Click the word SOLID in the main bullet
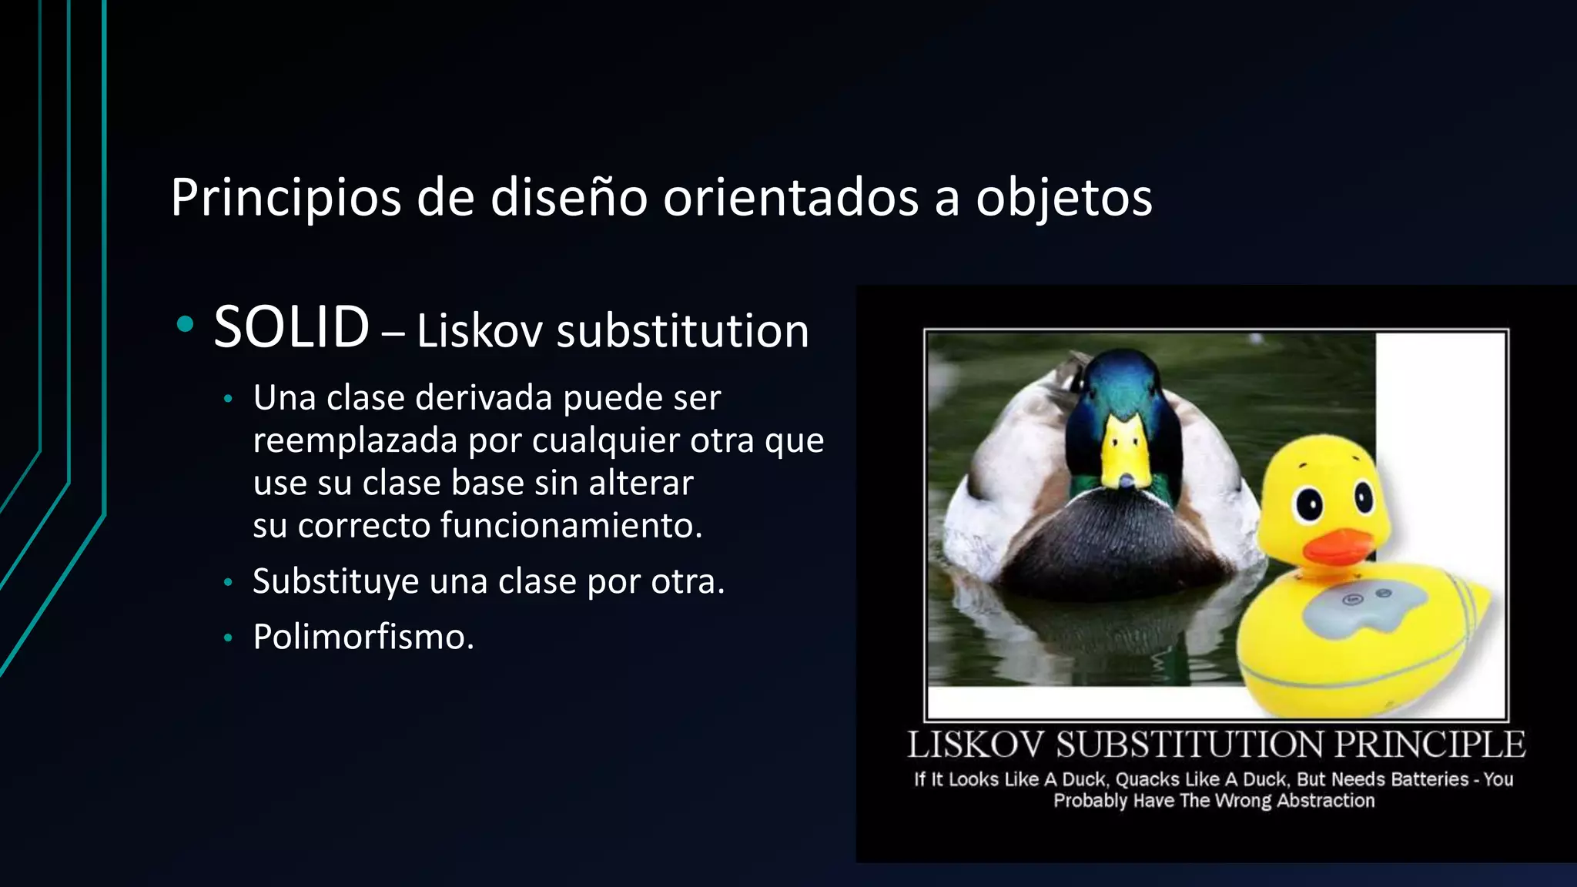(291, 328)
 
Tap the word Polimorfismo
(363, 638)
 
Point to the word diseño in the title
(568, 198)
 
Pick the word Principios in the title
(286, 198)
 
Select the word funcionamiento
(571, 526)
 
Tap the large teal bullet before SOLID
(185, 325)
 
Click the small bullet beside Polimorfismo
(227, 638)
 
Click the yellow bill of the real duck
(1127, 454)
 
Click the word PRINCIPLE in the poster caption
(1429, 745)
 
